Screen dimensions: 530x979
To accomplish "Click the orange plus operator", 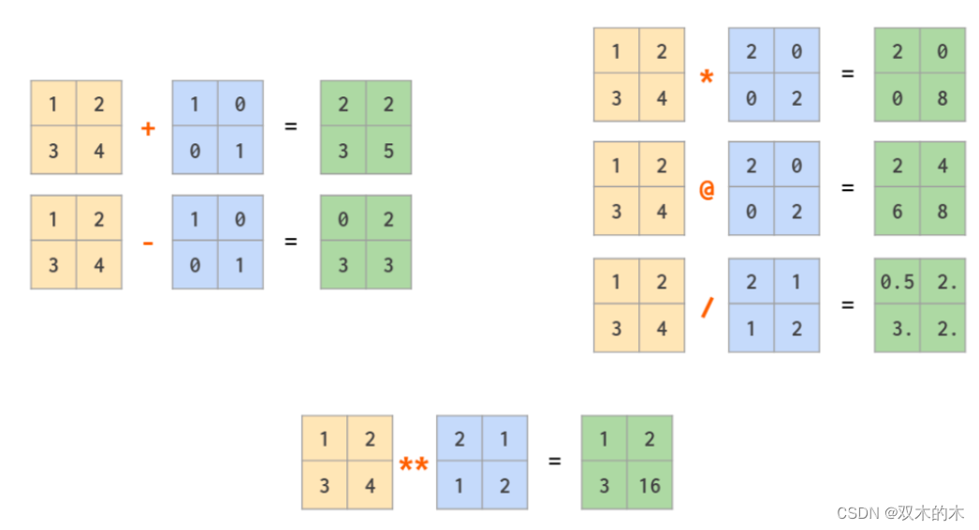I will tap(147, 128).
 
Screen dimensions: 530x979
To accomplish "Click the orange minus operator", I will tap(147, 243).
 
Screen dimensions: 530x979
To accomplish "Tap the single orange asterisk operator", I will tap(707, 77).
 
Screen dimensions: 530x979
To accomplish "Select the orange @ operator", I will tap(707, 189).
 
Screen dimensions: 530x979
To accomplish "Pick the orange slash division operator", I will tap(707, 305).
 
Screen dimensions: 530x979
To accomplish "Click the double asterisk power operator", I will tap(414, 464).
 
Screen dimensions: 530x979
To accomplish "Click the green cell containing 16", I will tap(650, 486).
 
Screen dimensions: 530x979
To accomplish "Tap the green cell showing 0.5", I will tap(897, 282).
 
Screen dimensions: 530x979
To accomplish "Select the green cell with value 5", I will tap(388, 151).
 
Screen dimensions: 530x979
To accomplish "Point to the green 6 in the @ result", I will tap(897, 212).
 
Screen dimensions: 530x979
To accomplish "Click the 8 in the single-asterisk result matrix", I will tap(942, 97).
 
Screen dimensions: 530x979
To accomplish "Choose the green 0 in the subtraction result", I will tap(343, 219).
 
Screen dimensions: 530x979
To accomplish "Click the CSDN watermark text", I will tap(899, 513).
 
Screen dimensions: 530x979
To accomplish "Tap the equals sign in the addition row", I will tap(291, 126).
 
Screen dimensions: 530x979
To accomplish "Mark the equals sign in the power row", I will tap(554, 461).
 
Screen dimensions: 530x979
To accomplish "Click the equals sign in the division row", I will tap(848, 304).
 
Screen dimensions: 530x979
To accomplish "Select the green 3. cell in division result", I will tap(897, 329).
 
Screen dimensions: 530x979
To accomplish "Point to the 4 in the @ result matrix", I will tap(942, 166).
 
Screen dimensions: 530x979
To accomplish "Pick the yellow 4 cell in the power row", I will tap(370, 486).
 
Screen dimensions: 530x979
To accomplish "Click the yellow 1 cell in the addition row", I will tap(53, 104).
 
